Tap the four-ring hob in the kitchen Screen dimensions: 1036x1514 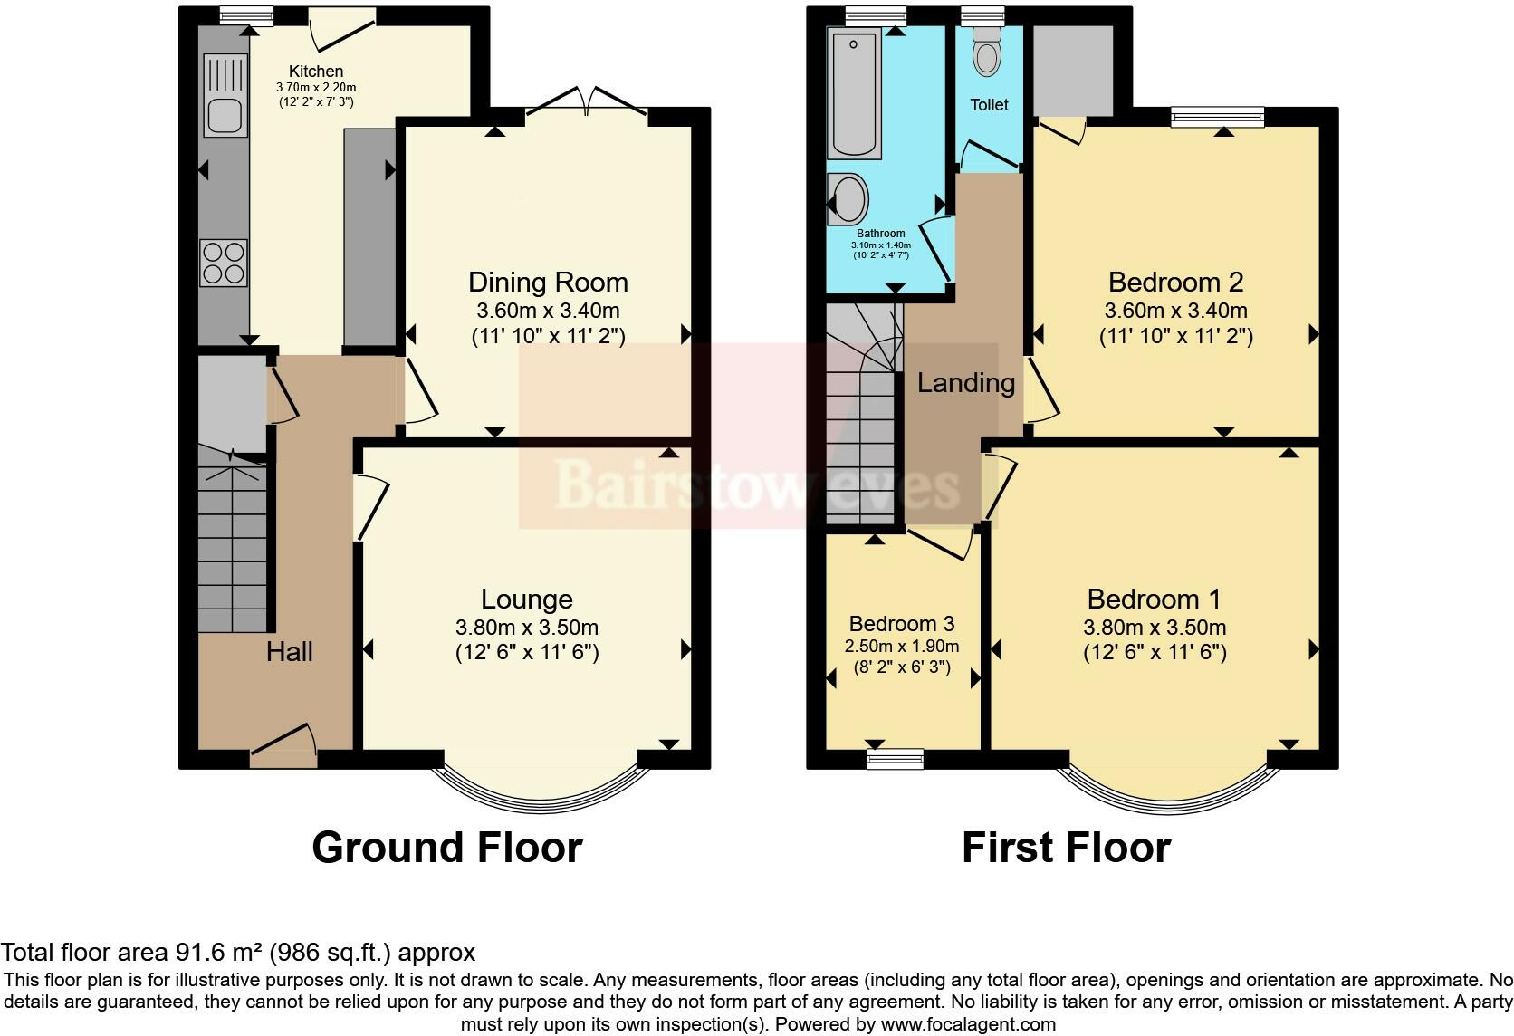tap(224, 261)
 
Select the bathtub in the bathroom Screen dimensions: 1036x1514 tap(854, 94)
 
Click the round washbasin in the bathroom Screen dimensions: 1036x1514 tap(849, 197)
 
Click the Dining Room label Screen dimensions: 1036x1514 tap(548, 283)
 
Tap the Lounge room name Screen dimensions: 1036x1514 tap(526, 600)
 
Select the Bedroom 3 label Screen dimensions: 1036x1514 tap(902, 624)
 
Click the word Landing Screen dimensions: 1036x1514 tap(965, 383)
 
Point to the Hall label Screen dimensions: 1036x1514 tap(289, 651)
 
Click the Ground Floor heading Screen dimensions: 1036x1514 tap(446, 848)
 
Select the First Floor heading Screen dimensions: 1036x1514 tap(1066, 848)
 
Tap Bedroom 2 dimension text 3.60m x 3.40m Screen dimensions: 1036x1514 tap(1175, 311)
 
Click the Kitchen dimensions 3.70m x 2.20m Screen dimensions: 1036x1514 tap(316, 87)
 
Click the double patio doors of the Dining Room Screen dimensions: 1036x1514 tap(588, 101)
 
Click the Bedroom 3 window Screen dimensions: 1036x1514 tap(895, 758)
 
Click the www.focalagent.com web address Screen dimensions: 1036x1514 tap(968, 1025)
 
